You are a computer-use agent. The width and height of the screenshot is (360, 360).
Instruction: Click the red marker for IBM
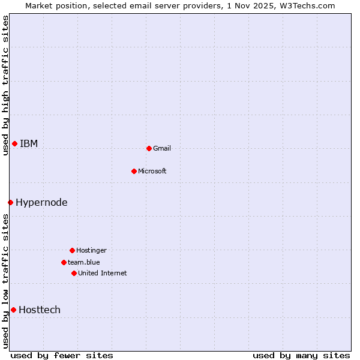(14, 143)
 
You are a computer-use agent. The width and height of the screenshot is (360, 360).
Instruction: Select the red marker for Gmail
(149, 148)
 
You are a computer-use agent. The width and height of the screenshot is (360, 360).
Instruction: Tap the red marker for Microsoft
(134, 171)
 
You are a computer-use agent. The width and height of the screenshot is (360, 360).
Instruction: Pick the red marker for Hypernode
(10, 202)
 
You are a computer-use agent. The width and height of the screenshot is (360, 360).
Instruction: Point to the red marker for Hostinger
(72, 250)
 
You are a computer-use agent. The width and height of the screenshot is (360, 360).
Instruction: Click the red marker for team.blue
(64, 262)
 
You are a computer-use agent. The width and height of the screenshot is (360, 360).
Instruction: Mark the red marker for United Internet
(74, 273)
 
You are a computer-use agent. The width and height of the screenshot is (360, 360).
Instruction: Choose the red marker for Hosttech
(13, 310)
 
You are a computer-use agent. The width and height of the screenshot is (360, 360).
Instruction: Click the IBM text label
(29, 143)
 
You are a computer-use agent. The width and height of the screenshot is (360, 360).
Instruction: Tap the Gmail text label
(162, 148)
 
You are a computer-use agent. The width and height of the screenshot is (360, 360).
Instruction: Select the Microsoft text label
(152, 171)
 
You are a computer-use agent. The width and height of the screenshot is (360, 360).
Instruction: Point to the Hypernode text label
(41, 202)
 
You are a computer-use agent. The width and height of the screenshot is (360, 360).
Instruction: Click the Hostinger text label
(91, 250)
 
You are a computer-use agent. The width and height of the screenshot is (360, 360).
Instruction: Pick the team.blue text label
(84, 262)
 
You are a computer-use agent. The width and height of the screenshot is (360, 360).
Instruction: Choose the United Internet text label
(103, 273)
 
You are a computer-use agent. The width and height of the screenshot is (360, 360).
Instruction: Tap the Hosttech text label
(40, 310)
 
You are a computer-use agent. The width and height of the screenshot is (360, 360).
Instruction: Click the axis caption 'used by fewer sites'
(62, 355)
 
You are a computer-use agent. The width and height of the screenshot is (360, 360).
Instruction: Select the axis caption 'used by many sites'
(301, 355)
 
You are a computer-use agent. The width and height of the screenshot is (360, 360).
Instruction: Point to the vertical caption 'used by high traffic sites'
(5, 85)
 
